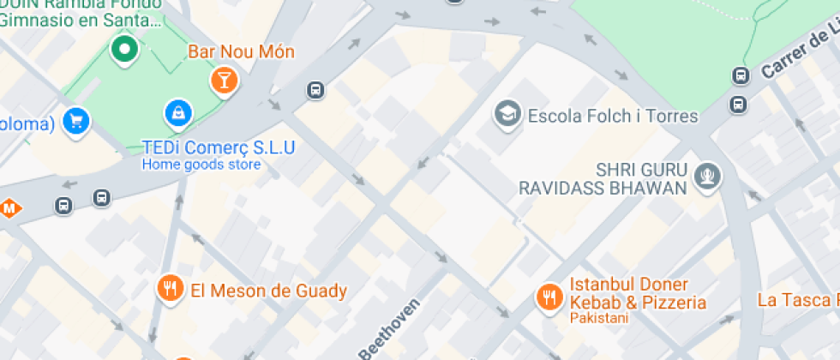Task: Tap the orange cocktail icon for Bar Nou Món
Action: (x=224, y=81)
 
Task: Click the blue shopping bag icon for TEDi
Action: (x=178, y=111)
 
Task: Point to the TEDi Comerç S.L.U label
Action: (x=219, y=147)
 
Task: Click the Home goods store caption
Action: (x=201, y=165)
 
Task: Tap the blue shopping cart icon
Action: (x=76, y=121)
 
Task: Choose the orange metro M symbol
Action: (x=10, y=207)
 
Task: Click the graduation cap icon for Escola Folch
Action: (x=507, y=113)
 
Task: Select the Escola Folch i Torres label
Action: (x=613, y=115)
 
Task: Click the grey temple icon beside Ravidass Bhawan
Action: (x=709, y=177)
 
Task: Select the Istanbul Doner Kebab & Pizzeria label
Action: (x=638, y=293)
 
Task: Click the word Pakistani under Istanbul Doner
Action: (x=599, y=319)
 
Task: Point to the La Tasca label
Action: (x=796, y=300)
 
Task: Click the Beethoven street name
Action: (x=390, y=330)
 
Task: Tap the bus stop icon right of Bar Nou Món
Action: (x=315, y=89)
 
